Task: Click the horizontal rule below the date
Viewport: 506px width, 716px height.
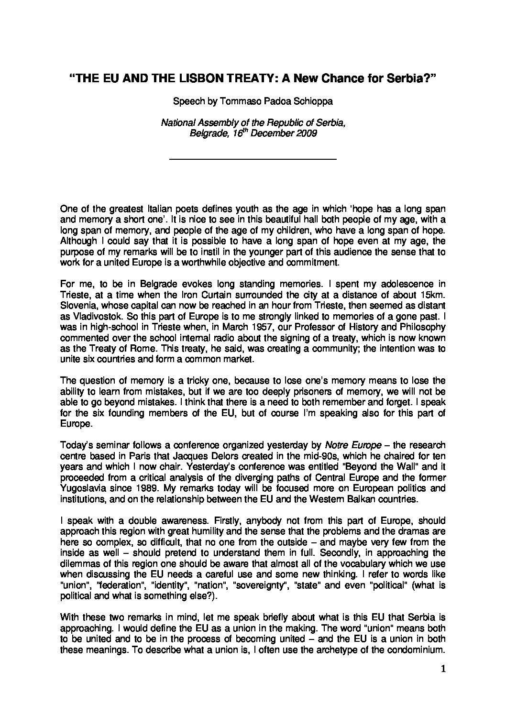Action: pos(253,158)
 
